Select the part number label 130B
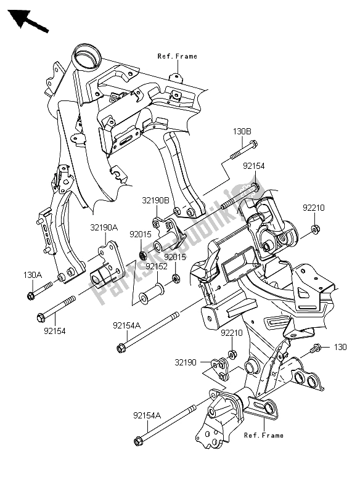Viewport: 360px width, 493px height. [241, 131]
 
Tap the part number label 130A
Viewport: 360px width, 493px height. [33, 275]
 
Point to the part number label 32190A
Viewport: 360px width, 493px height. [105, 227]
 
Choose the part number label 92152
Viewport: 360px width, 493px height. [157, 266]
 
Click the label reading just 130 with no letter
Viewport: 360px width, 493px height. [342, 348]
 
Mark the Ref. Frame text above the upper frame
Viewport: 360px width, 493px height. [177, 56]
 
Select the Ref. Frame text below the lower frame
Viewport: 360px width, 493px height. [263, 435]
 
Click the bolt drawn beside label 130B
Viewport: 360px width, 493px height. [243, 150]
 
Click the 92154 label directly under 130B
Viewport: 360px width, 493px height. [254, 166]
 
